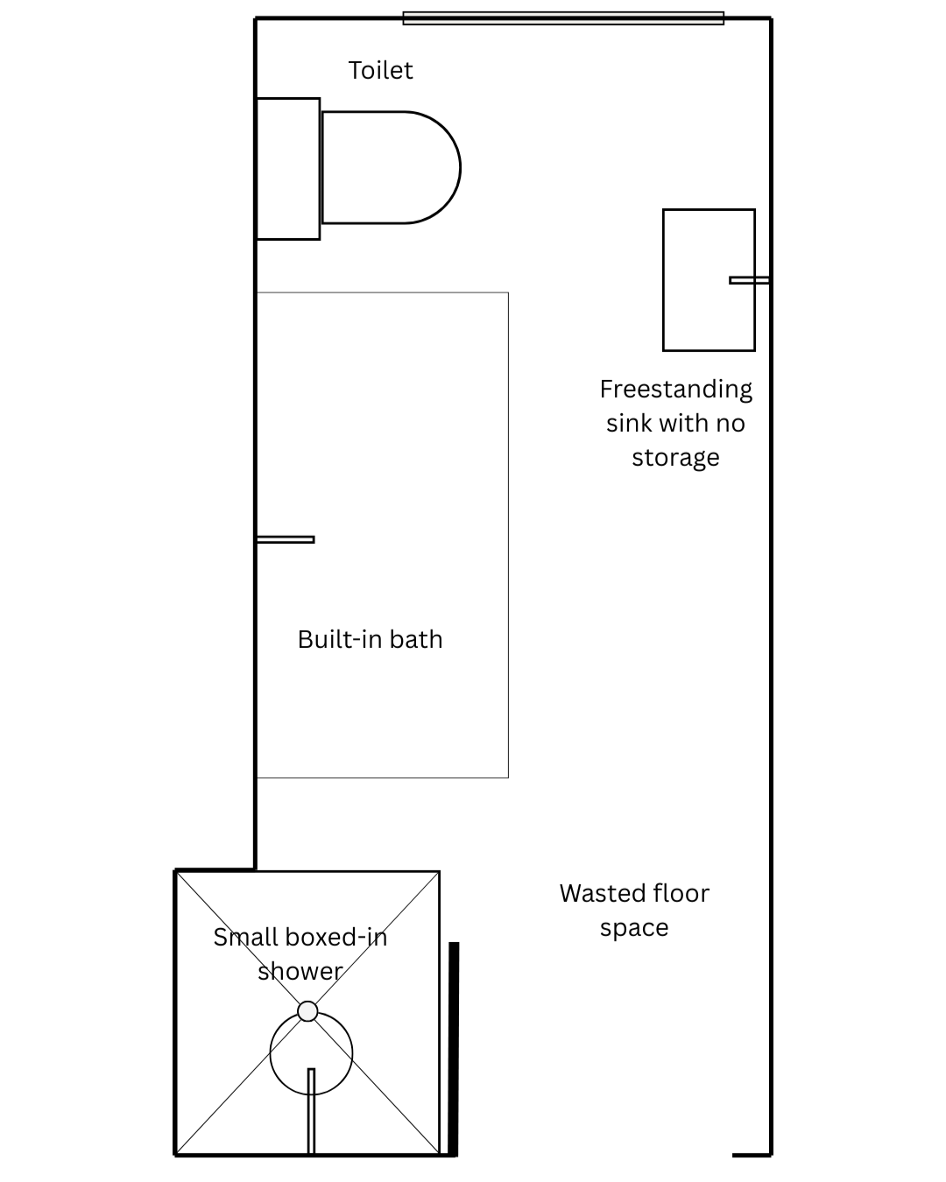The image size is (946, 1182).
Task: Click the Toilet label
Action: pos(380,70)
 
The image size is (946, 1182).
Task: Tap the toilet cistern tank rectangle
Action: pos(288,169)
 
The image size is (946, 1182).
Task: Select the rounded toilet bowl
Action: pos(391,167)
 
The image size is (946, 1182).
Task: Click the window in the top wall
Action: pos(563,18)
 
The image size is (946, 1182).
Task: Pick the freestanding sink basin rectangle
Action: pos(709,279)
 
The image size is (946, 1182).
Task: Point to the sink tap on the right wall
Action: pos(749,280)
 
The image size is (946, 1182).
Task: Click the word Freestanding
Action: pos(675,390)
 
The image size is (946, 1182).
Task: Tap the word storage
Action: pos(675,457)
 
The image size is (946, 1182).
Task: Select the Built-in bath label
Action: pos(370,639)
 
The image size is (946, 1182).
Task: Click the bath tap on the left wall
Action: pos(286,539)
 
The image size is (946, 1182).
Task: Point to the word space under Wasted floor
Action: pos(634,929)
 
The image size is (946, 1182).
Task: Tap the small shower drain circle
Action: pos(307,1011)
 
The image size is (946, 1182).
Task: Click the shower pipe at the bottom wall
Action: pos(311,1110)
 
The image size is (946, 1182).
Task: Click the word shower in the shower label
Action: pos(300,972)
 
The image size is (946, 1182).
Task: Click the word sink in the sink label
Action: pos(630,424)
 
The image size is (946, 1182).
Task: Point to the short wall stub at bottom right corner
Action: pos(752,1155)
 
